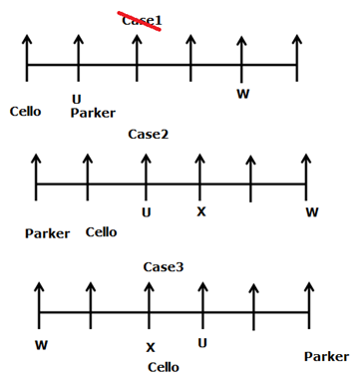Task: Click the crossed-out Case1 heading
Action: pos(142,20)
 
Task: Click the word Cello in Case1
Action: pos(26,110)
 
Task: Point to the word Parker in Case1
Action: pos(93,112)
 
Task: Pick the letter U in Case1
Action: pos(77,98)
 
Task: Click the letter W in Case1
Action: pos(242,94)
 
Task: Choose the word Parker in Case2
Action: pos(48,233)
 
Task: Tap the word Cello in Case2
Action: pos(101,231)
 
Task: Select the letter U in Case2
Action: pos(147,211)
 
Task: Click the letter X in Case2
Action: pos(200,211)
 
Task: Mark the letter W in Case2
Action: pos(312,211)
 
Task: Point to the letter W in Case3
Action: pos(40,345)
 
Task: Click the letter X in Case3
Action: pos(151,347)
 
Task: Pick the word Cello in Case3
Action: pos(163,366)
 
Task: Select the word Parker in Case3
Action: pos(326,356)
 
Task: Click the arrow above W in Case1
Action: pos(241,55)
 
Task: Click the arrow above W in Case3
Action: pos(40,299)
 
